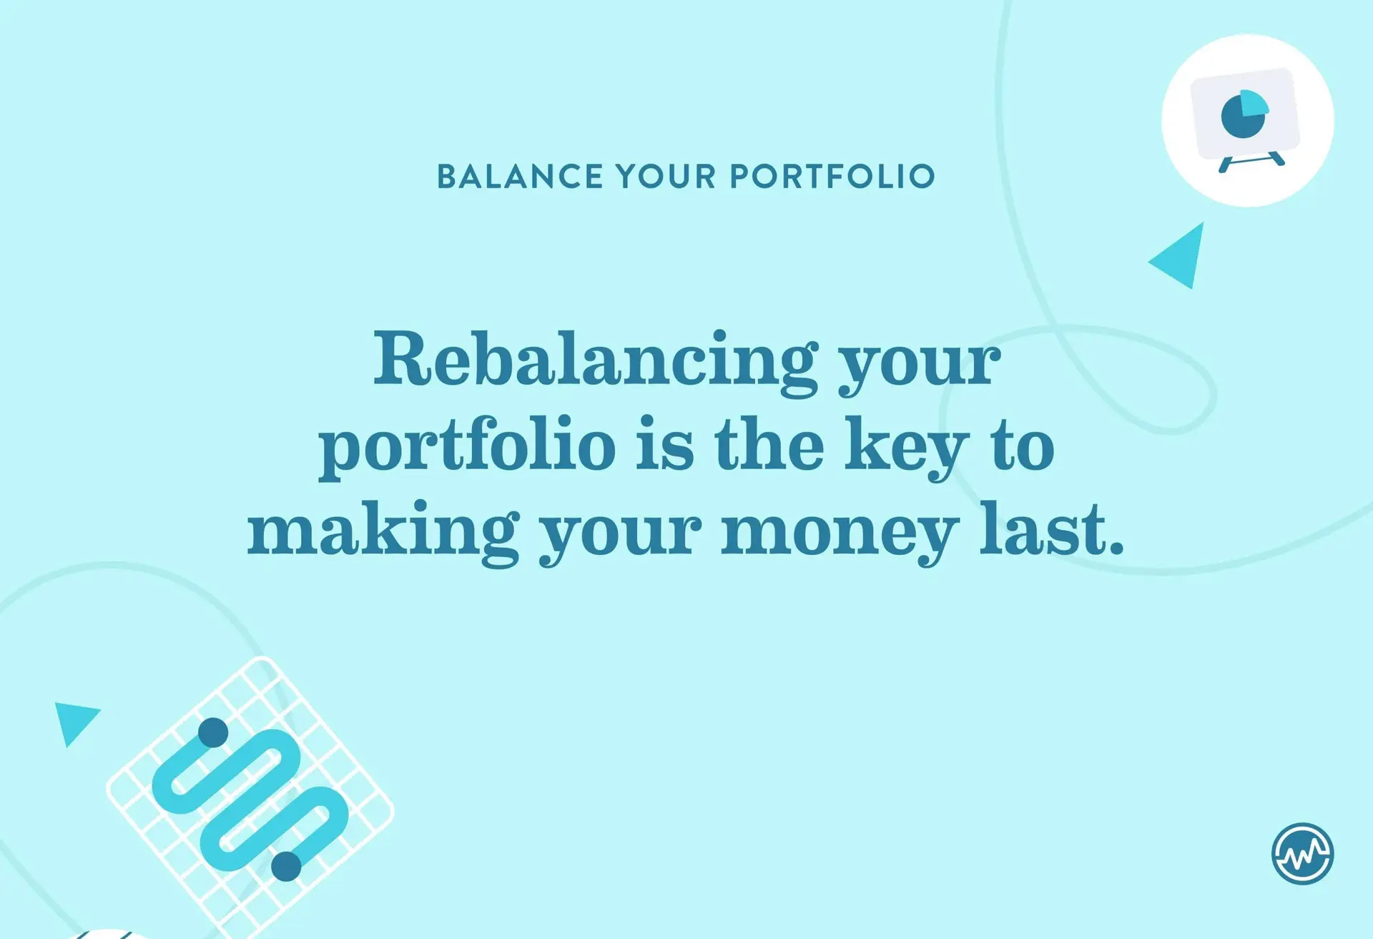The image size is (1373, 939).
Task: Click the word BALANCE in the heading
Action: point(520,177)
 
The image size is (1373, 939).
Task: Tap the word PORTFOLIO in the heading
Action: point(832,177)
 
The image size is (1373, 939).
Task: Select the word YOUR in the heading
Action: point(666,177)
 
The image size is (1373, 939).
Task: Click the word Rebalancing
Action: point(596,361)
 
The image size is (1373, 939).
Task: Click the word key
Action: point(906,446)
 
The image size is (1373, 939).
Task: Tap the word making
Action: point(383,532)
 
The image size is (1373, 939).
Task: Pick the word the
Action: point(769,443)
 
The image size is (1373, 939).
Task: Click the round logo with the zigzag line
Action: point(1302,854)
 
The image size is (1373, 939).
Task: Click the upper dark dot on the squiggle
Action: point(213,732)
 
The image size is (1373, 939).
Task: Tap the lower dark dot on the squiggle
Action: point(286,866)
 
